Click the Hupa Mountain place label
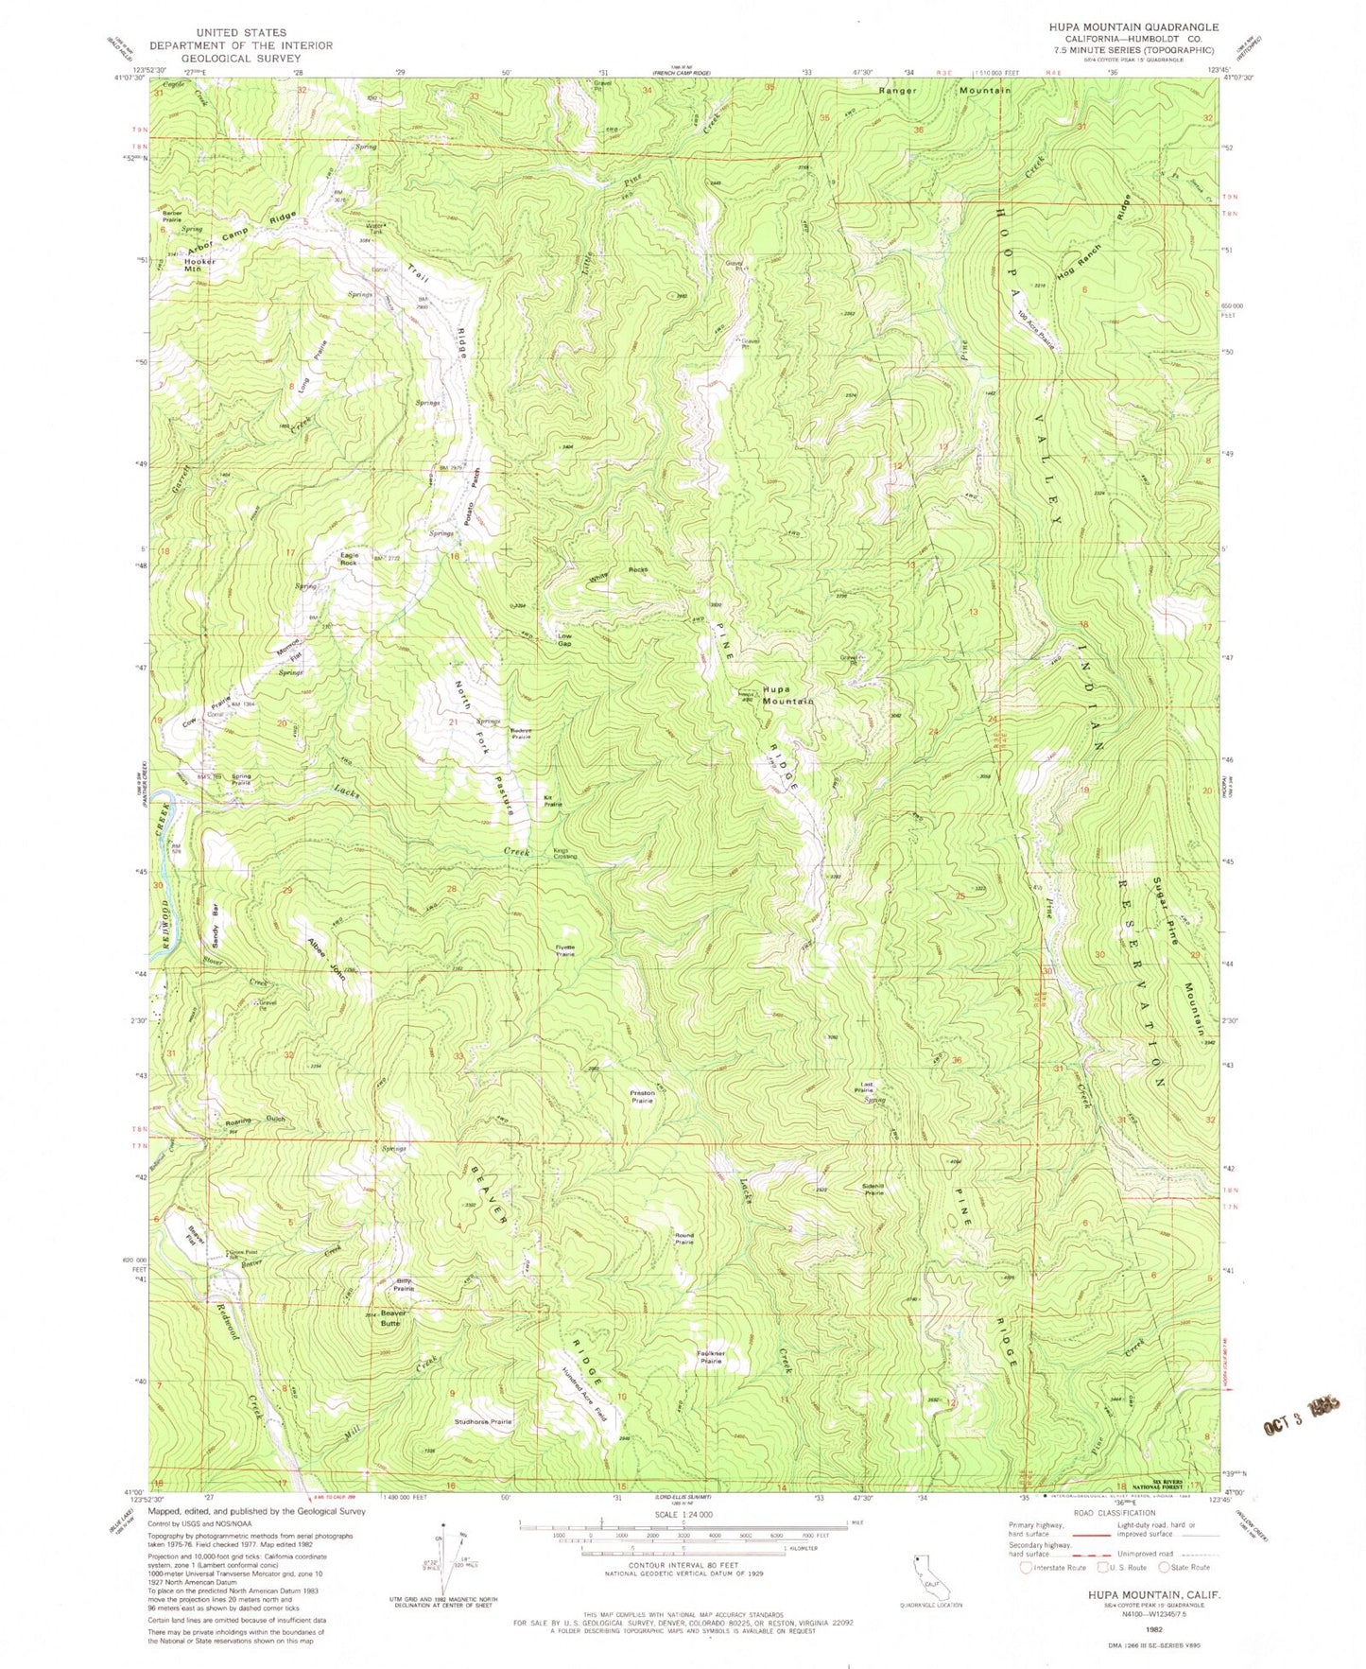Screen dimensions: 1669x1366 [788, 694]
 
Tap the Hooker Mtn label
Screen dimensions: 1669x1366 [199, 265]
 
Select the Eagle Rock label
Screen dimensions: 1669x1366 [349, 559]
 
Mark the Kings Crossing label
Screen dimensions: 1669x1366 [564, 854]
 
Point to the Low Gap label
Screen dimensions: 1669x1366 [564, 639]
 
